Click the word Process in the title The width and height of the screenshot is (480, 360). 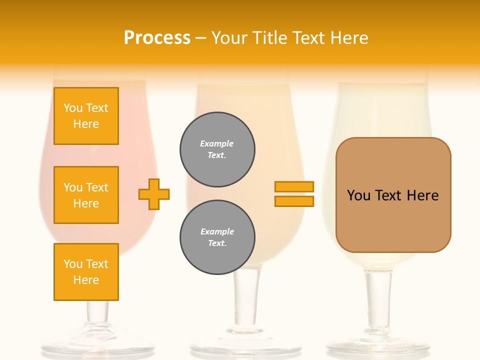point(157,38)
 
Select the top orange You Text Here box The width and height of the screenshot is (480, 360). point(86,116)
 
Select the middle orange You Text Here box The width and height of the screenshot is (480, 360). point(86,195)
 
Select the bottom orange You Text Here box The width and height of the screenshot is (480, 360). point(86,272)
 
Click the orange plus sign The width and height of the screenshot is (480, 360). point(154,194)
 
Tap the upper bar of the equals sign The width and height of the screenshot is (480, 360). point(294,186)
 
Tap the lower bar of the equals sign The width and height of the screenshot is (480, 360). point(294,201)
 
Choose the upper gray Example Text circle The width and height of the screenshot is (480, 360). point(217,149)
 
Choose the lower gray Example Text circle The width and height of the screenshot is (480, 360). point(217,237)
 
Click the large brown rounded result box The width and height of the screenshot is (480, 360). point(393,195)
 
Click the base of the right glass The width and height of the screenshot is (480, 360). point(378,347)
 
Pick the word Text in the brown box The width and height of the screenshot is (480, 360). point(389,195)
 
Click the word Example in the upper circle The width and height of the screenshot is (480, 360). point(217,144)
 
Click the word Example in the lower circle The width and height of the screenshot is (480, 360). point(217,232)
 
